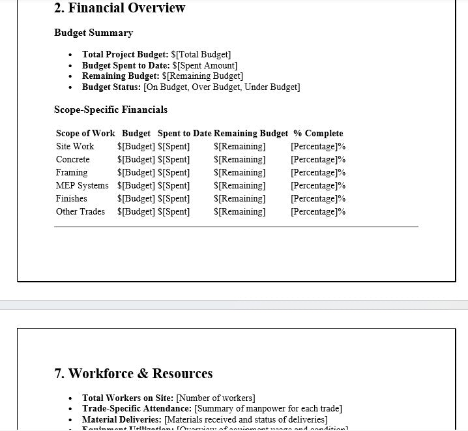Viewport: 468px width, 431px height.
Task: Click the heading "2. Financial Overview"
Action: click(120, 8)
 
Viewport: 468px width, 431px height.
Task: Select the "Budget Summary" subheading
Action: click(93, 33)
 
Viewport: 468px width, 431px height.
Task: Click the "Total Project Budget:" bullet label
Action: click(125, 55)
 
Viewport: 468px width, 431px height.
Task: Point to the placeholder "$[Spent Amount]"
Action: click(205, 66)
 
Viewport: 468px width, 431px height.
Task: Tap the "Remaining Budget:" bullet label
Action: click(121, 76)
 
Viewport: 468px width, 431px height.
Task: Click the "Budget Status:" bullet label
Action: click(111, 87)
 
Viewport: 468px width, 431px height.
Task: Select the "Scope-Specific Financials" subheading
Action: click(111, 110)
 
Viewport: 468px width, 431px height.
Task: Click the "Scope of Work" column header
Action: click(85, 134)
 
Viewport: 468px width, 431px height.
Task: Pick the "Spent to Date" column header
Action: click(184, 134)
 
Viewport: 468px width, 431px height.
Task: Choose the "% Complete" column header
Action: click(318, 134)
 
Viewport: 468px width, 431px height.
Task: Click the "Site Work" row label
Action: click(75, 147)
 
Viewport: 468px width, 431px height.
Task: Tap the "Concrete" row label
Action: click(73, 160)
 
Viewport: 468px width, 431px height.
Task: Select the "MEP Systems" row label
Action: click(82, 186)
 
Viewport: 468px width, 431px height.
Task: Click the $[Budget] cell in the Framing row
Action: click(136, 173)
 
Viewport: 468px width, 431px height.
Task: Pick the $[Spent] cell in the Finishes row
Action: click(174, 199)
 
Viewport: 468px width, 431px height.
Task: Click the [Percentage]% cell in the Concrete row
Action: click(318, 160)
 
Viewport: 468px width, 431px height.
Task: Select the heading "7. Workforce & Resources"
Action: click(134, 374)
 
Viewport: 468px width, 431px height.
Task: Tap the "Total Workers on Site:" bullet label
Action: click(128, 398)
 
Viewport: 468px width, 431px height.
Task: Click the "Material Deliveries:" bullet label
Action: click(122, 420)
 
